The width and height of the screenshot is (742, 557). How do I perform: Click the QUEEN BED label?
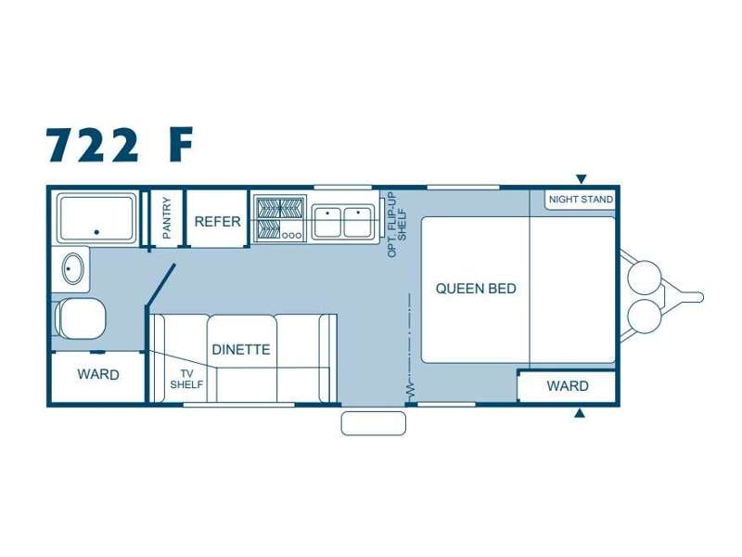click(476, 289)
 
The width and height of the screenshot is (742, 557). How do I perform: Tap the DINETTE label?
click(241, 350)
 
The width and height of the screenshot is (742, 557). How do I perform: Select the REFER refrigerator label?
click(218, 221)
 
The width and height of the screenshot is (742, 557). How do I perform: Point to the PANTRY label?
click(167, 218)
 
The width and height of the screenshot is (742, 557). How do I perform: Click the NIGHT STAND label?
click(581, 200)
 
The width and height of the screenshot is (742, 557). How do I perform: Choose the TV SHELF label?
click(186, 379)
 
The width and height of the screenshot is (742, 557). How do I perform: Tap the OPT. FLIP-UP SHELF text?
click(397, 225)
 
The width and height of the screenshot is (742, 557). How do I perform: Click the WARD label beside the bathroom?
click(98, 375)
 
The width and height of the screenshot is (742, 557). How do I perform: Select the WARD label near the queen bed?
click(568, 386)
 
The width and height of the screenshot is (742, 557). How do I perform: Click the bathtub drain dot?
click(96, 232)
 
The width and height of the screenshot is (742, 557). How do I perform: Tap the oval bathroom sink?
click(73, 268)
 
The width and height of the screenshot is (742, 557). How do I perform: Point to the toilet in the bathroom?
click(80, 318)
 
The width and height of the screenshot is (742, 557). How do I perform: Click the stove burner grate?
click(280, 218)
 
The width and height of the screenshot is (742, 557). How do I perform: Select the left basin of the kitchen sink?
click(327, 221)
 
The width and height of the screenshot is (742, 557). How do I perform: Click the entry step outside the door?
click(374, 423)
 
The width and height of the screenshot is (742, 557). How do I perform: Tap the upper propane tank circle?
click(644, 278)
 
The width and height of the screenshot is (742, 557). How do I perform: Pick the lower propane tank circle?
click(644, 316)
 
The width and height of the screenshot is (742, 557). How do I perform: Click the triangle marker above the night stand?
click(582, 179)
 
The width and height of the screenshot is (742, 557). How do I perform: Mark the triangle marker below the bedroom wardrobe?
click(579, 413)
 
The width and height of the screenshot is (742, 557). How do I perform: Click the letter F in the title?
click(181, 144)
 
